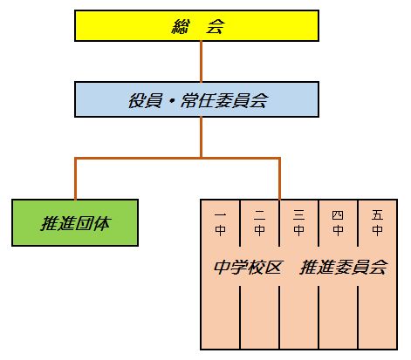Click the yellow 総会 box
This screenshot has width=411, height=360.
pyautogui.click(x=196, y=26)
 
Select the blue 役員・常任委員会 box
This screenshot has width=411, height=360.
pyautogui.click(x=196, y=99)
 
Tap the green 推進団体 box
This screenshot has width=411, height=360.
pyautogui.click(x=75, y=222)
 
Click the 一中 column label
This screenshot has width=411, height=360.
pyautogui.click(x=220, y=223)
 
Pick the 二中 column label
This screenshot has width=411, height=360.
pyautogui.click(x=259, y=223)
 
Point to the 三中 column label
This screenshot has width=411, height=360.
pyautogui.click(x=298, y=223)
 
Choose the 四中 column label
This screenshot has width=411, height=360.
pyautogui.click(x=338, y=223)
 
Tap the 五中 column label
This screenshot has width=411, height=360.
pyautogui.click(x=377, y=223)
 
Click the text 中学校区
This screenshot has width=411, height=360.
pyautogui.click(x=248, y=267)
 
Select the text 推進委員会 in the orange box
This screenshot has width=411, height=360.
pyautogui.click(x=344, y=267)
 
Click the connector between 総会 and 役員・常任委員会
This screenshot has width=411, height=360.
pyautogui.click(x=201, y=62)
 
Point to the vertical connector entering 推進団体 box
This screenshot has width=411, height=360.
pyautogui.click(x=75, y=179)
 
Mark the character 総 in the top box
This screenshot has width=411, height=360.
pyautogui.click(x=180, y=26)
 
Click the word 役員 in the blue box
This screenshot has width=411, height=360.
pyautogui.click(x=145, y=100)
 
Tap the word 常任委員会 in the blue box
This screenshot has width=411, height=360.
pyautogui.click(x=224, y=100)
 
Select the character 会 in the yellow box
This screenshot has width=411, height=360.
pyautogui.click(x=215, y=26)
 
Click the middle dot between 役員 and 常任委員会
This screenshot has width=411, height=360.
pyautogui.click(x=171, y=101)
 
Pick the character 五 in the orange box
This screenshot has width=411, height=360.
pyautogui.click(x=377, y=215)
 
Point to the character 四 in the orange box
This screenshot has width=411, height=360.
pyautogui.click(x=338, y=215)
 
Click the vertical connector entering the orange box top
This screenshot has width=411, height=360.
pyautogui.click(x=279, y=179)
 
